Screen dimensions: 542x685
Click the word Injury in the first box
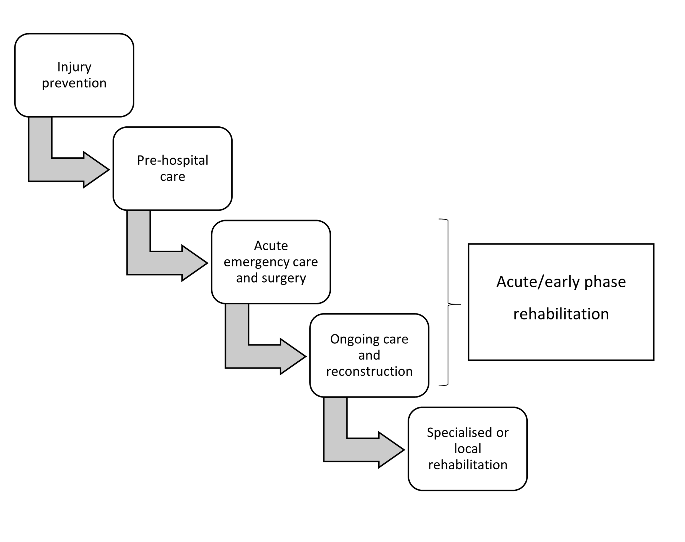coord(74,67)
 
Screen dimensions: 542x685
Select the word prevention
coord(74,83)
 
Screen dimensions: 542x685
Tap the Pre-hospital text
coord(172,160)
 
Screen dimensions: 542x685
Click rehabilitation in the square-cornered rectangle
coord(561,314)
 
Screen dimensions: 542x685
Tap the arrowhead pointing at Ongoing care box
coord(292,357)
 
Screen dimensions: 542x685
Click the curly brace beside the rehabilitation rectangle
coord(448,303)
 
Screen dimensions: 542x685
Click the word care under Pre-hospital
coord(172,177)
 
